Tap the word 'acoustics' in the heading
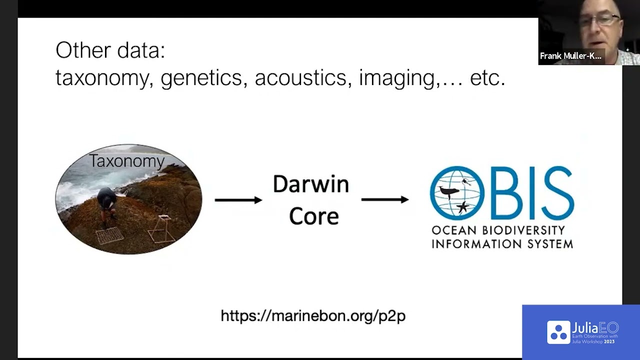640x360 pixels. pyautogui.click(x=300, y=77)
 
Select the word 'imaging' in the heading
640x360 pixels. pyautogui.click(x=397, y=78)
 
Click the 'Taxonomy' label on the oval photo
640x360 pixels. pyautogui.click(x=127, y=161)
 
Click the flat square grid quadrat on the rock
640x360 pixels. pyautogui.click(x=109, y=234)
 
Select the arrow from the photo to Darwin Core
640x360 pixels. pyautogui.click(x=238, y=200)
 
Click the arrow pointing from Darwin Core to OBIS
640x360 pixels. pyautogui.click(x=384, y=199)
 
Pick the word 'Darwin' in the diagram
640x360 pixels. pyautogui.click(x=310, y=184)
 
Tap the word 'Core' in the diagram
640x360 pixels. pyautogui.click(x=313, y=216)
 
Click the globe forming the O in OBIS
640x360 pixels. pyautogui.click(x=457, y=193)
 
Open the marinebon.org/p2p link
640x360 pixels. pyautogui.click(x=313, y=316)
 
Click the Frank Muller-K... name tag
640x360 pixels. pyautogui.click(x=570, y=56)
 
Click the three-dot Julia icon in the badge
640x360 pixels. pyautogui.click(x=558, y=332)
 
